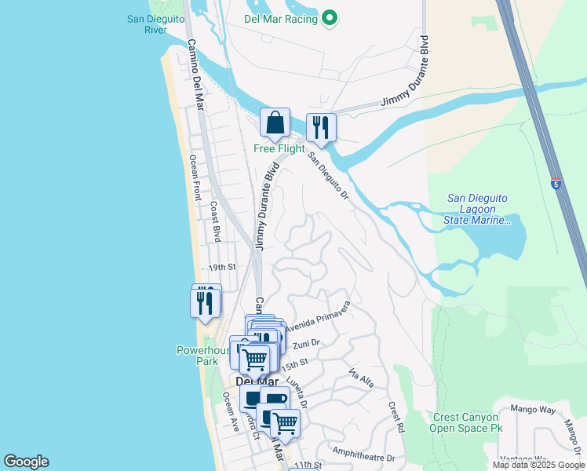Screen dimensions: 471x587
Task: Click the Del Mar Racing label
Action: [280, 19]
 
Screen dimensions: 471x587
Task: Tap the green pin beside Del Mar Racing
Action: [330, 18]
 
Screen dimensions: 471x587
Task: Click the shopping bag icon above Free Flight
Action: [275, 123]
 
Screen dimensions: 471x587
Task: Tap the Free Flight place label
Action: [279, 148]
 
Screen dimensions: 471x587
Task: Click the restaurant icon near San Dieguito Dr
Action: [321, 128]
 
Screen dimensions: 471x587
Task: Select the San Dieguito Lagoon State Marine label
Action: [478, 210]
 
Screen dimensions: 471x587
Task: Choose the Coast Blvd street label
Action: [214, 221]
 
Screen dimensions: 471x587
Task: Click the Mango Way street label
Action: [532, 410]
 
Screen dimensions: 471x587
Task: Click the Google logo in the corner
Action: [26, 462]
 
